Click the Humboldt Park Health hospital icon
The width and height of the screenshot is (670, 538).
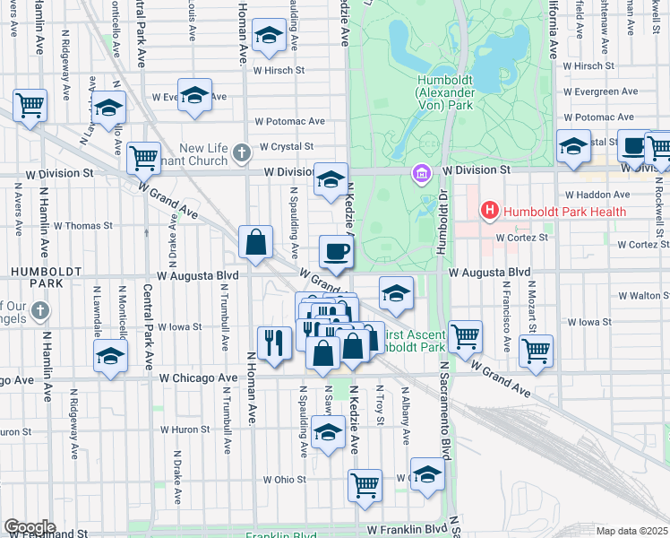point(490,212)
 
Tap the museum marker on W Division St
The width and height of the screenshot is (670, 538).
point(420,171)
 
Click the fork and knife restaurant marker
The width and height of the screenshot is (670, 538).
point(275,342)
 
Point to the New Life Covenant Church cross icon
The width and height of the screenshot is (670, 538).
point(241,152)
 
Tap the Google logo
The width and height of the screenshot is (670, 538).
point(30,526)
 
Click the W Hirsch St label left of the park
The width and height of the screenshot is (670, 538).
point(279,69)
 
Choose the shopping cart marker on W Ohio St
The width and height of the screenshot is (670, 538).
point(365,485)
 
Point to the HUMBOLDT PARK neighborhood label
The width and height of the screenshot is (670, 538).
point(30,275)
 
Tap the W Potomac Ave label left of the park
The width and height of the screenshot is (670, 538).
point(289,121)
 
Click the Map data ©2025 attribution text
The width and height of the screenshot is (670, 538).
point(632,531)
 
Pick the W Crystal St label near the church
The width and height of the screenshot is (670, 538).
point(286,146)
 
